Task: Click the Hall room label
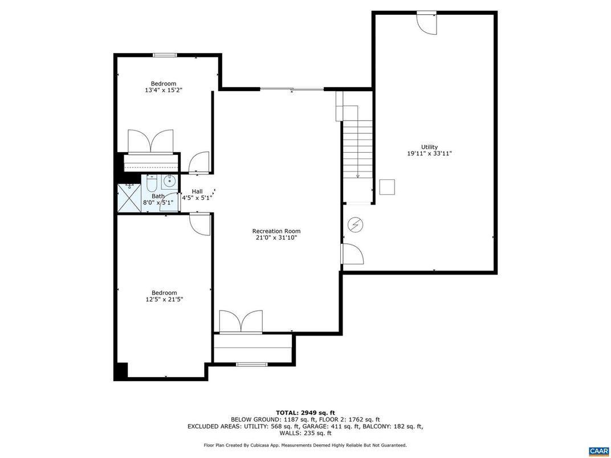(197, 191)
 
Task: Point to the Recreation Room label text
(276, 231)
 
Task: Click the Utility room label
(430, 147)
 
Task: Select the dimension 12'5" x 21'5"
(164, 299)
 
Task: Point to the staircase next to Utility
(357, 148)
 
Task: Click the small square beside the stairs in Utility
(388, 187)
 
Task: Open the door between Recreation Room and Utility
(352, 253)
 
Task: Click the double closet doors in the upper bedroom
(150, 142)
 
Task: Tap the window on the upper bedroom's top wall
(164, 55)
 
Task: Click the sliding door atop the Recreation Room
(292, 89)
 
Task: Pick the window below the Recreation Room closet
(252, 364)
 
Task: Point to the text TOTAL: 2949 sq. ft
(305, 412)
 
